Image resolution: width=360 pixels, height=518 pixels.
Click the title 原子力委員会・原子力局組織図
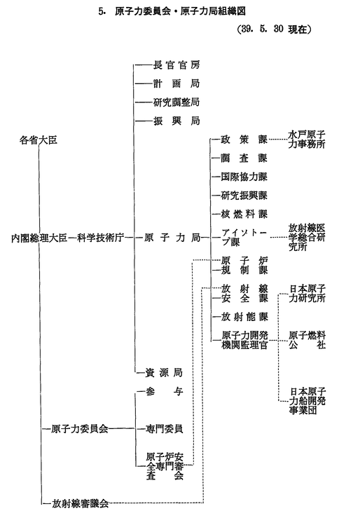(180, 11)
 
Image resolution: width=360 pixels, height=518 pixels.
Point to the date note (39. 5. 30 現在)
(275, 29)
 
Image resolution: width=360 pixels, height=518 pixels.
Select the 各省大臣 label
(39, 140)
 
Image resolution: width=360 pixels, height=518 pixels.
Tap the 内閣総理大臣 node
(39, 238)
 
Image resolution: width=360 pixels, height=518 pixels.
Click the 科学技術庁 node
(100, 238)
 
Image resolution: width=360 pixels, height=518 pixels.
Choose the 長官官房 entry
(176, 65)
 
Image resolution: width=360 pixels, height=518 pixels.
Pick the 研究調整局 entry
(176, 102)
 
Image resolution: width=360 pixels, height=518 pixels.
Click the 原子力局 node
(172, 238)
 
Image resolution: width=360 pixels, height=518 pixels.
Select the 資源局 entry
(164, 373)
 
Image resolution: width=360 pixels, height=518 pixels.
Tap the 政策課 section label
(244, 139)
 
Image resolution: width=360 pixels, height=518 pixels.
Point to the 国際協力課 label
(244, 177)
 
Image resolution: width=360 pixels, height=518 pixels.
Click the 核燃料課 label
(244, 214)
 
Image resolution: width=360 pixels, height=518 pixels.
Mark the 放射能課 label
(244, 317)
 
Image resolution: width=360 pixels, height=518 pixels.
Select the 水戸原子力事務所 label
(307, 139)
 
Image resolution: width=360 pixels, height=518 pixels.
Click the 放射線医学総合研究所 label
(307, 237)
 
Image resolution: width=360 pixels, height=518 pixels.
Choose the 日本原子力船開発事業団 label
(307, 401)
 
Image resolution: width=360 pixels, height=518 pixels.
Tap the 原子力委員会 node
(80, 429)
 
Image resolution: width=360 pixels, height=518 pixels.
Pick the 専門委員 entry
(164, 429)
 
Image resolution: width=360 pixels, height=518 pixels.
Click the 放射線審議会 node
(80, 503)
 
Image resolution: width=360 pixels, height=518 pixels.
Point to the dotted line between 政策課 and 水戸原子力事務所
(277, 139)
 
